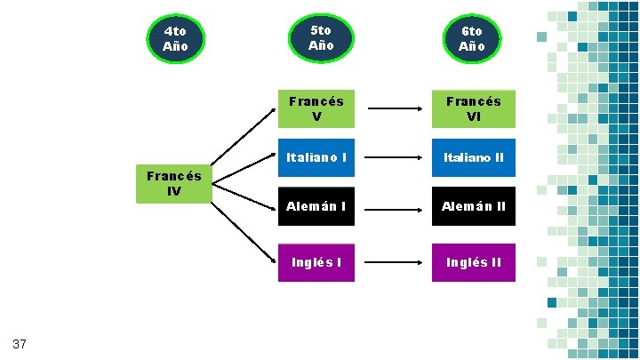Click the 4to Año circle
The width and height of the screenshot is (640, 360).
[175, 38]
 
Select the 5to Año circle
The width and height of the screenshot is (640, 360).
[321, 37]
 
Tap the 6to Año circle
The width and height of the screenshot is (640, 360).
[472, 38]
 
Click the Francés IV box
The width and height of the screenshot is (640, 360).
[174, 184]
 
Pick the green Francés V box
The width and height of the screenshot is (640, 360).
[316, 108]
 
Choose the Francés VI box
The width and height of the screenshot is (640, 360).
[473, 108]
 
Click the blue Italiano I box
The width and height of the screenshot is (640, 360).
[316, 157]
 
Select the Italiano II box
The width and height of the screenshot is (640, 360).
[473, 157]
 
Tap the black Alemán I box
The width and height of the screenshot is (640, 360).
[316, 206]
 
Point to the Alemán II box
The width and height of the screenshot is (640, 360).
[473, 206]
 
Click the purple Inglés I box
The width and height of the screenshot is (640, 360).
[316, 262]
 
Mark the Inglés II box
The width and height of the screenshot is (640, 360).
[473, 262]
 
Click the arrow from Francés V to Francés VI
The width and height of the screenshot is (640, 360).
[395, 109]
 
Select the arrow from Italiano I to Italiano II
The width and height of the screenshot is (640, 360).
[395, 158]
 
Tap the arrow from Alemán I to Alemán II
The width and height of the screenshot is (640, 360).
[395, 210]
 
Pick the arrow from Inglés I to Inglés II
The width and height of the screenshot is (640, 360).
[395, 263]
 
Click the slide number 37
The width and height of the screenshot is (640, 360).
[20, 343]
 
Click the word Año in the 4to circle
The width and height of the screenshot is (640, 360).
[175, 46]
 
